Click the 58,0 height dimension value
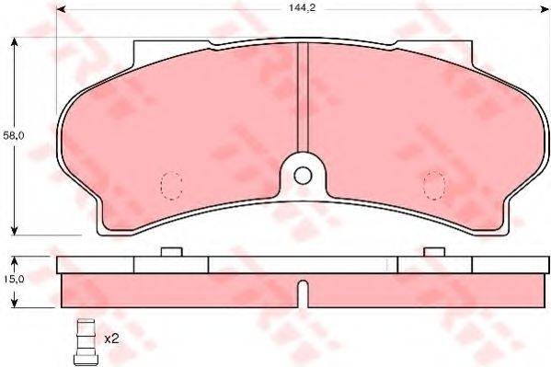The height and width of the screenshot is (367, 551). point(10,135)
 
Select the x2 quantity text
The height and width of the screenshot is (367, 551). point(112,338)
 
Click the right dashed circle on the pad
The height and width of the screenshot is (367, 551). point(433,185)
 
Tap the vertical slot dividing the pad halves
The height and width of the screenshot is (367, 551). point(303,101)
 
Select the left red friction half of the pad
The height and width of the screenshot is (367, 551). point(184,129)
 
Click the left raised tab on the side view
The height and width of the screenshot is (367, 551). point(171,252)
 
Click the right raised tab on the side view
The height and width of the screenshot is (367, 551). point(433,252)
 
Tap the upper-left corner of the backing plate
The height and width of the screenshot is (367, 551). point(135,43)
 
